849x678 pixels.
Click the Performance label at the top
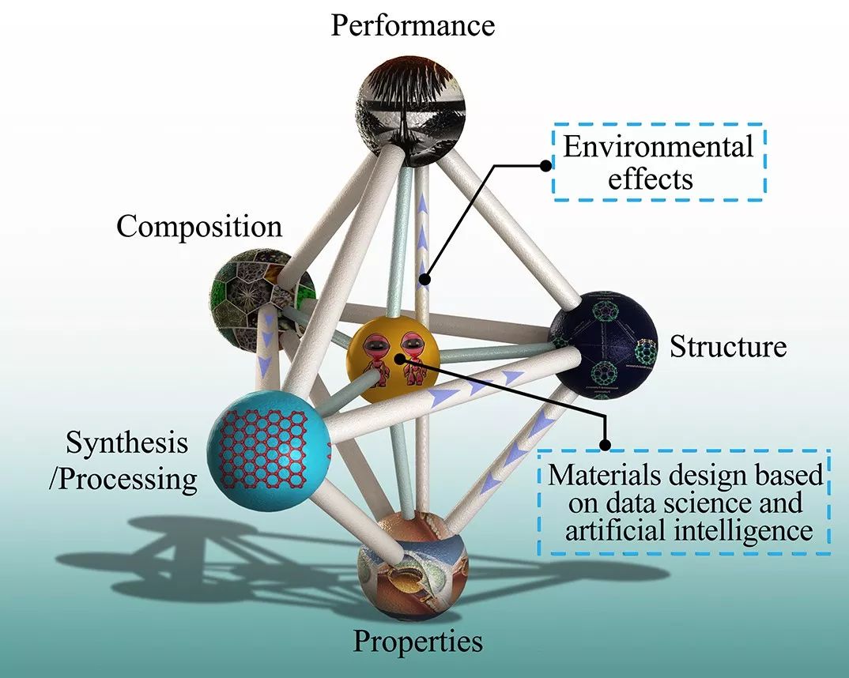click(x=413, y=25)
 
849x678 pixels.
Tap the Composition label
click(x=199, y=227)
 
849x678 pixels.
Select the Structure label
click(x=728, y=346)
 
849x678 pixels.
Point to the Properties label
click(x=417, y=640)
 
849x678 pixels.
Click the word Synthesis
click(x=127, y=443)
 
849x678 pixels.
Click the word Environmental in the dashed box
click(x=658, y=147)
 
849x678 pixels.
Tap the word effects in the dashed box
click(x=651, y=179)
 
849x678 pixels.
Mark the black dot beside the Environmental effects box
click(x=545, y=164)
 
